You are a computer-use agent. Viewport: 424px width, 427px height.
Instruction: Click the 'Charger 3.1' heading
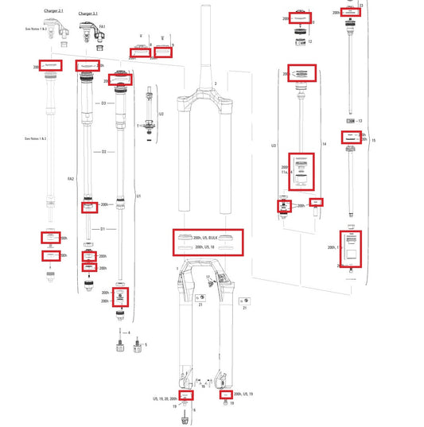(x=88, y=14)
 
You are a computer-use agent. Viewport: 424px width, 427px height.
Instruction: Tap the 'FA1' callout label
(x=103, y=27)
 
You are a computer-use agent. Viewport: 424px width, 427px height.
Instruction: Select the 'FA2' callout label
(x=70, y=179)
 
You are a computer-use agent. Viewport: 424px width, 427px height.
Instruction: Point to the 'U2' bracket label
(x=161, y=115)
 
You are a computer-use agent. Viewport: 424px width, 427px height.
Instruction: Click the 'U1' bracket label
(x=138, y=196)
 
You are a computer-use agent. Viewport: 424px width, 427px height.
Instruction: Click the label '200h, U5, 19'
(x=240, y=394)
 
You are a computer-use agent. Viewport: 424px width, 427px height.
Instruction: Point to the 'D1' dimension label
(x=103, y=228)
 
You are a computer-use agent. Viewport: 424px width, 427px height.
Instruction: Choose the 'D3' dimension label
(x=103, y=104)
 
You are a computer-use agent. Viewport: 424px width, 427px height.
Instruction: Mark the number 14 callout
(x=325, y=144)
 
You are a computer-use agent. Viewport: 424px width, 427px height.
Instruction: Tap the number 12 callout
(x=309, y=41)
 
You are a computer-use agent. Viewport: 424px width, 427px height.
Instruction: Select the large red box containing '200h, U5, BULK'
(x=208, y=243)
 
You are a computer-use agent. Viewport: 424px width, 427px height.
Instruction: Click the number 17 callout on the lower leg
(x=208, y=277)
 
